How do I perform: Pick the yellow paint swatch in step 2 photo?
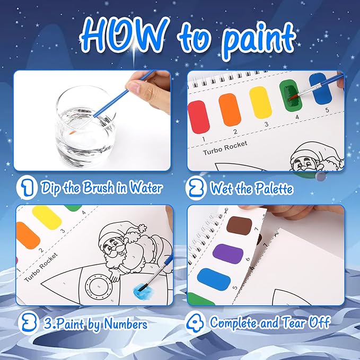point(260,102)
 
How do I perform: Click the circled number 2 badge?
point(197,187)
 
